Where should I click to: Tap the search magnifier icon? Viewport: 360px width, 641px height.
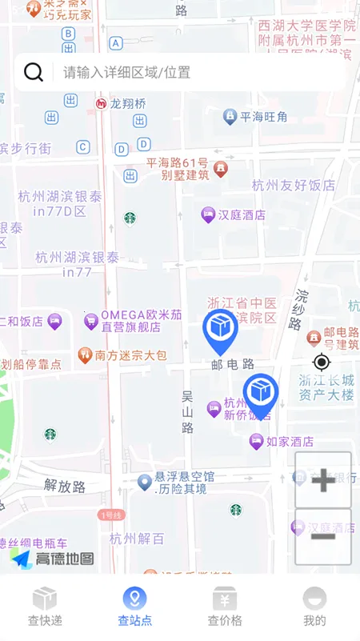pyautogui.click(x=34, y=72)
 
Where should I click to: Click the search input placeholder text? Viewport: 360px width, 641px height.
pyautogui.click(x=127, y=72)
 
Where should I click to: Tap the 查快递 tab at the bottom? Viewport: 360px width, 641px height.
pyautogui.click(x=45, y=607)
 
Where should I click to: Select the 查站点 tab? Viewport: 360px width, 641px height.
pyautogui.click(x=134, y=607)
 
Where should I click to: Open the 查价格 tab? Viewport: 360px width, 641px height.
pyautogui.click(x=225, y=607)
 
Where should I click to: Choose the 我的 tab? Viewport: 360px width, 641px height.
pyautogui.click(x=314, y=607)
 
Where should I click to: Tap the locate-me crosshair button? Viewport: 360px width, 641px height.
pyautogui.click(x=322, y=362)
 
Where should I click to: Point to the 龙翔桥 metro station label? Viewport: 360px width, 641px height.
pyautogui.click(x=128, y=103)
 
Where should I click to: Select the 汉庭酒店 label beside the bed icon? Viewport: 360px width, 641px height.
pyautogui.click(x=242, y=214)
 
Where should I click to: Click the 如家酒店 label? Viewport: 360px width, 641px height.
pyautogui.click(x=289, y=441)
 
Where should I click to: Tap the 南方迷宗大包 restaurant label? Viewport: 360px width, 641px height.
pyautogui.click(x=130, y=355)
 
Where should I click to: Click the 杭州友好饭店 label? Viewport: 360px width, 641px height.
pyautogui.click(x=294, y=185)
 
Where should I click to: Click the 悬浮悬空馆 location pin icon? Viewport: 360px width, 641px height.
pyautogui.click(x=145, y=482)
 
